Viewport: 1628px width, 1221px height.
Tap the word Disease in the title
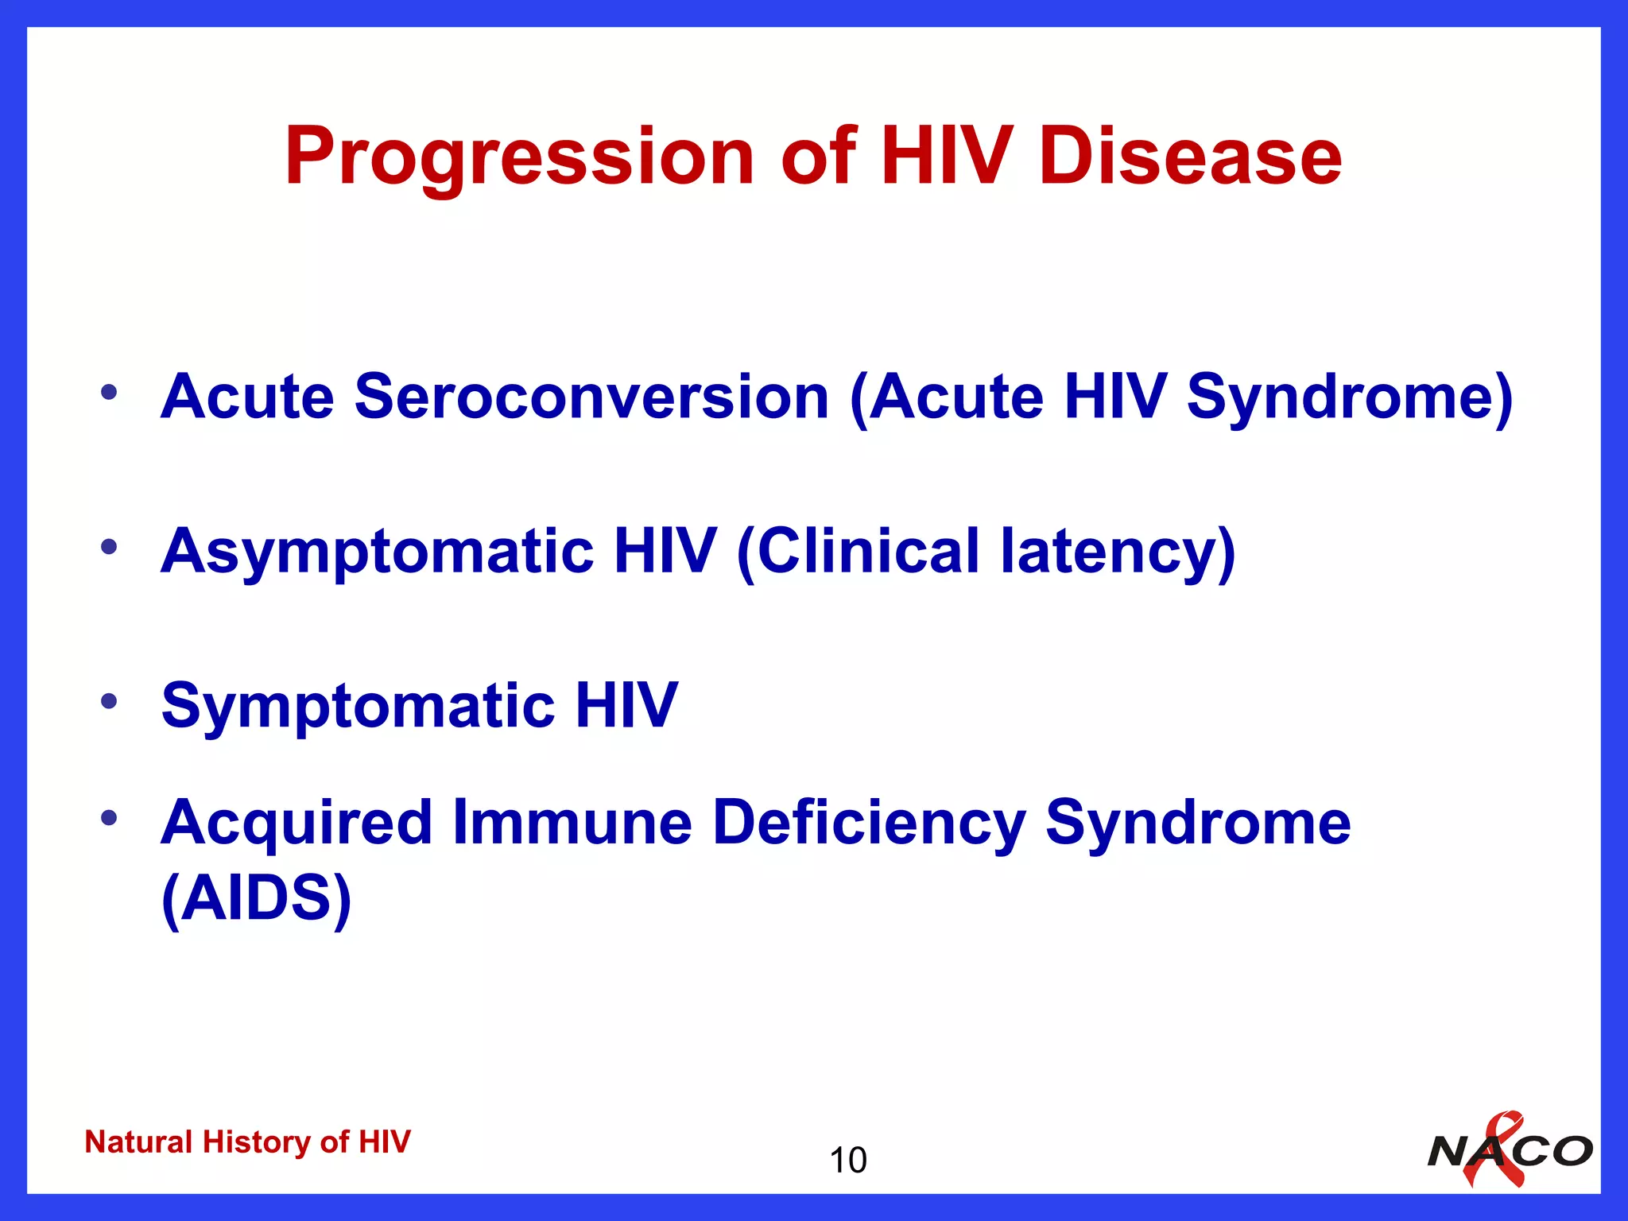pos(1190,157)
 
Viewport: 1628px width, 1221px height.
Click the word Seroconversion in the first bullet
pos(591,396)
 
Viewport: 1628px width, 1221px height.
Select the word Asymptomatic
pos(377,551)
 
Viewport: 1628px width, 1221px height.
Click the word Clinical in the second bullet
pos(869,551)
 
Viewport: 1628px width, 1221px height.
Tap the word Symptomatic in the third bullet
pos(358,705)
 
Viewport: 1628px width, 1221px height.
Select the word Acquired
pos(297,823)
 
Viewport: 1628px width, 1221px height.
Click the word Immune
pos(572,823)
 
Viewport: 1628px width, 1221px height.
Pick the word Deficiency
pos(869,823)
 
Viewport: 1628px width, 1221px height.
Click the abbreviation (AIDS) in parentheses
pos(256,898)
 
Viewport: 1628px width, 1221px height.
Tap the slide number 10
pos(847,1160)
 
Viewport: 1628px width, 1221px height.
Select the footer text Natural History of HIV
pos(247,1142)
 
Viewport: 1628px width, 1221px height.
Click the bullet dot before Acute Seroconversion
pos(109,391)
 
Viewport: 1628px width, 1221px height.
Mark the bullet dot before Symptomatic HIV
pos(109,700)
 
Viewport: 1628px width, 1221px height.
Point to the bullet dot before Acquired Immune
pos(109,817)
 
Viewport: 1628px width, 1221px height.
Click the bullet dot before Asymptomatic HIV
pos(109,546)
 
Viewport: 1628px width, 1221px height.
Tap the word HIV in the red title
pos(946,157)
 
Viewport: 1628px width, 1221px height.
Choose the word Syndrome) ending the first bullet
pos(1349,396)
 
